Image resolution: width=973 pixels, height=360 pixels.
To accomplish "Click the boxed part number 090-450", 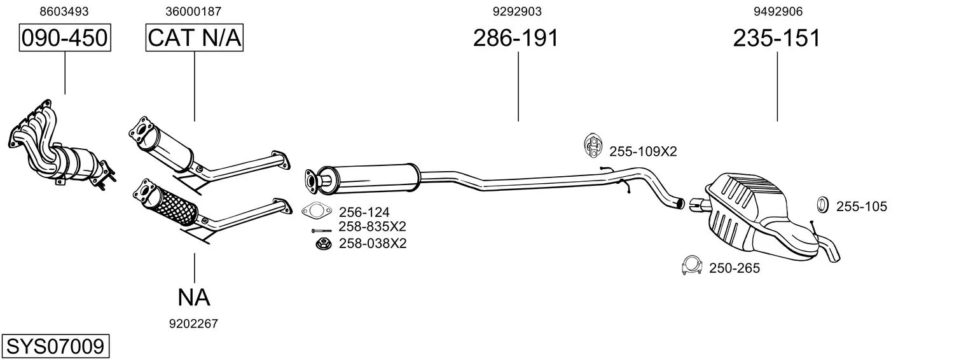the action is pos(65,38).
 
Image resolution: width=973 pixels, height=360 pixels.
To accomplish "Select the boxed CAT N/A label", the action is pos(194,38).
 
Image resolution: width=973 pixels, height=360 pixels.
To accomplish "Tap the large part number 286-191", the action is pos(516,38).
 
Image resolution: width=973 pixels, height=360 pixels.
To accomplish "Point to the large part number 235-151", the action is pos(776,38).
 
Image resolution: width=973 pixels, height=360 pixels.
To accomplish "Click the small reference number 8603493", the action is pos(64,11).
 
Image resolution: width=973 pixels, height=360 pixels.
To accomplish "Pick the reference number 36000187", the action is pos(193,11).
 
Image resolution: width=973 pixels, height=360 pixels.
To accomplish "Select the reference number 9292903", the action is pos(517,11).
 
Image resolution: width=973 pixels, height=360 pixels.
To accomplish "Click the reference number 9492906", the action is pos(778,11).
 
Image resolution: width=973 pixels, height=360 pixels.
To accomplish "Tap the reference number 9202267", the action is pos(193,324).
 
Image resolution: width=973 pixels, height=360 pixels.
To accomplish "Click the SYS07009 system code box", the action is pos(55,347).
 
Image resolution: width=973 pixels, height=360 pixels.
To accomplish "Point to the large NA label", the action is pos(194,298).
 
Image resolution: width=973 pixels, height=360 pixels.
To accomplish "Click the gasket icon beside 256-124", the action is pos(317,211).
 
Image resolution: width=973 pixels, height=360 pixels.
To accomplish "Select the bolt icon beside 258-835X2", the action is pos(321,231).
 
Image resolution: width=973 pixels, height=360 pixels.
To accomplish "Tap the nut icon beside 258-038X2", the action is pos(324,244).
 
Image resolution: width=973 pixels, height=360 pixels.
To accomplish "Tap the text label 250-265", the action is pos(735,268).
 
